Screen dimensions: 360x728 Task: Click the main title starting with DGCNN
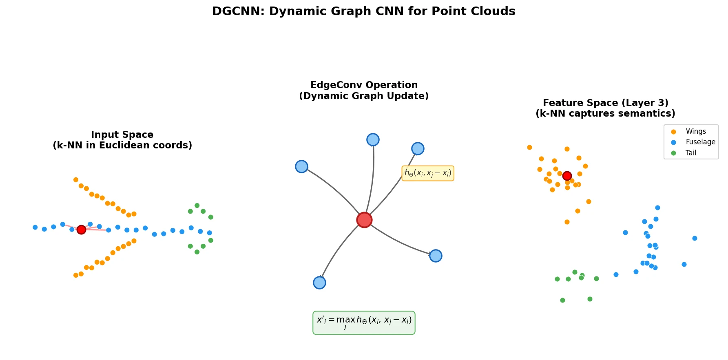363,11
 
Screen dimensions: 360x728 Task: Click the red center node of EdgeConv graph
364,220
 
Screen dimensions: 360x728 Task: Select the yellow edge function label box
427,173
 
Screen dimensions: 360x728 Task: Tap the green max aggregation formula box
364,322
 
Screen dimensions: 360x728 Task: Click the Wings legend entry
695,131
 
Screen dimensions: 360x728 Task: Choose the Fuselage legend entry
700,142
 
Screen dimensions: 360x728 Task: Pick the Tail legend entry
690,153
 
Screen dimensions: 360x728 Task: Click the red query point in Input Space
81,230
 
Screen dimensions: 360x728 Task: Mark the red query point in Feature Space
567,176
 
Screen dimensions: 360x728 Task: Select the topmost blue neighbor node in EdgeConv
373,139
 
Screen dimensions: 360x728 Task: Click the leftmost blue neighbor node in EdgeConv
301,166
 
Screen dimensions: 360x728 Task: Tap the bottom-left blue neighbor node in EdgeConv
319,283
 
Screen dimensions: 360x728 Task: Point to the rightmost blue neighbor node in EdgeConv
436,256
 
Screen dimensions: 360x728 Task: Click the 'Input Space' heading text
122,135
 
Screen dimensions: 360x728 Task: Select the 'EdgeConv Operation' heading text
364,85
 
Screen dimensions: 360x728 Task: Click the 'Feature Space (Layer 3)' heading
605,103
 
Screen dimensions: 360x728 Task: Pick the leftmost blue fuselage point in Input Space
35,227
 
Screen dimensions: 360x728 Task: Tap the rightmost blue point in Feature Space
695,238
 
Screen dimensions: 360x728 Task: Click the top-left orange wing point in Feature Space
529,147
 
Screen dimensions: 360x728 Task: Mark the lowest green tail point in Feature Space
562,300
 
